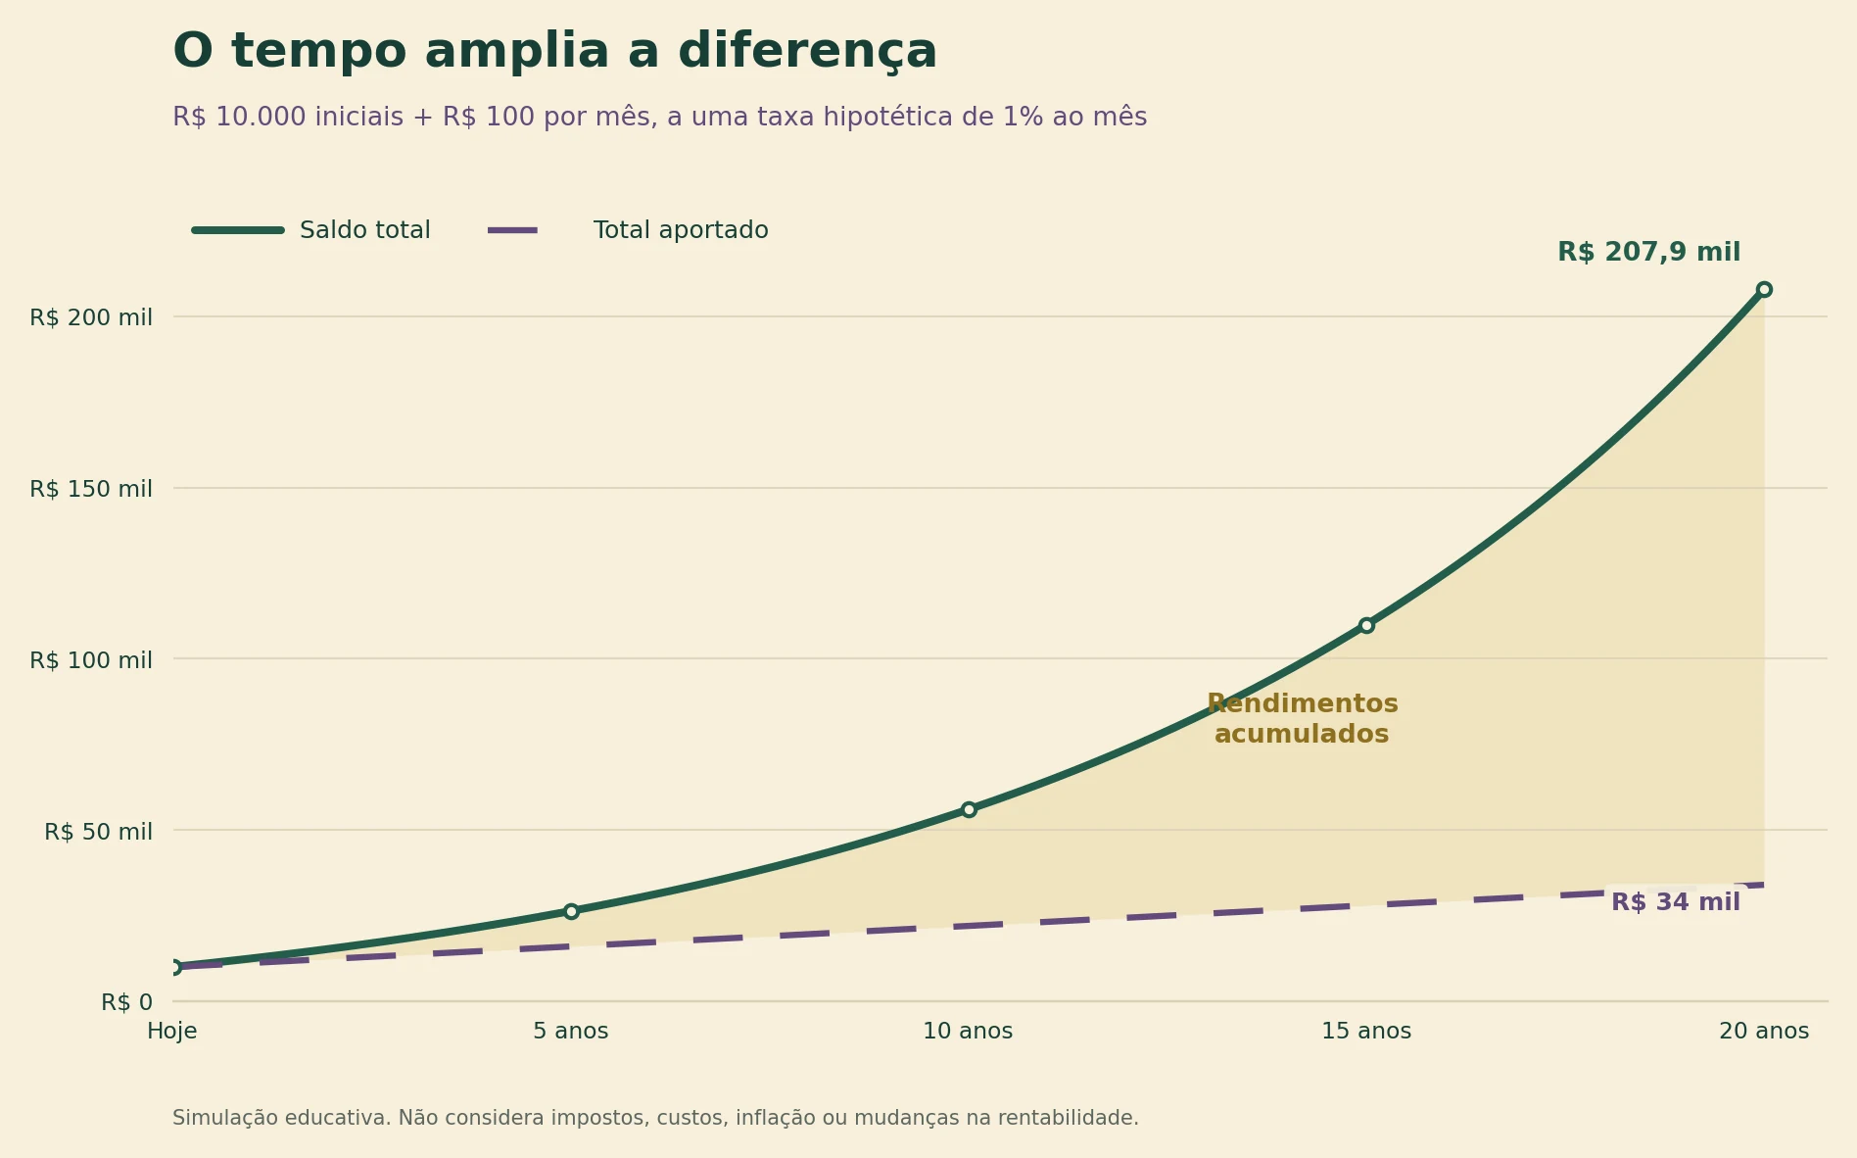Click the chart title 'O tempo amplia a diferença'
554,53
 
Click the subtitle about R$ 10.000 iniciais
659,118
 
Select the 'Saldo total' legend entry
311,230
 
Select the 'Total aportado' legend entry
628,230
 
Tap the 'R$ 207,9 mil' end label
1648,253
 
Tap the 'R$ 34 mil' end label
1676,902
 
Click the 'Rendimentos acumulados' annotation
1302,719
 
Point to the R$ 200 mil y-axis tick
91,317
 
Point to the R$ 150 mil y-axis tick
91,489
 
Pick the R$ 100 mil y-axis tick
91,660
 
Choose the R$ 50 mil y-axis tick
98,832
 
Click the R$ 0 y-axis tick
126,1002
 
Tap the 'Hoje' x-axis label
172,1032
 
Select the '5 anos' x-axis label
571,1032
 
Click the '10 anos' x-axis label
968,1032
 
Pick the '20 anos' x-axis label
1764,1032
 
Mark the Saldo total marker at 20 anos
1764,289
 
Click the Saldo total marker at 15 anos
1366,625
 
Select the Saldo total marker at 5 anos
571,911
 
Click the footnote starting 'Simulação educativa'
655,1118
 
